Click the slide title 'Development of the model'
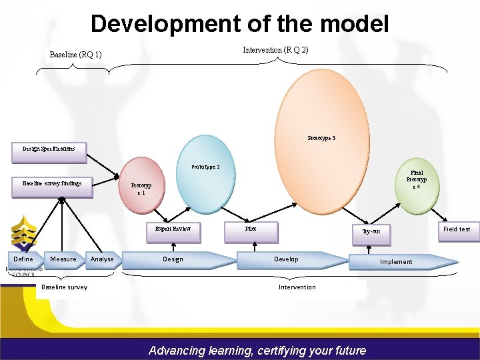tap(239, 24)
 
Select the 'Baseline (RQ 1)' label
tap(75, 55)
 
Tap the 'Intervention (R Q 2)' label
tap(275, 50)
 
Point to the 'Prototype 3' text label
tap(321, 138)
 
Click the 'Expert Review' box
tap(173, 229)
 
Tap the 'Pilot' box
tap(251, 229)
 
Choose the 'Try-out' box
tap(371, 231)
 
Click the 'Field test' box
tap(457, 229)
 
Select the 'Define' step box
tap(23, 259)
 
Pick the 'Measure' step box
tap(63, 259)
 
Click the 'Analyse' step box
tap(102, 259)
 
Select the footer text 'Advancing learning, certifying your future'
tap(257, 350)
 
